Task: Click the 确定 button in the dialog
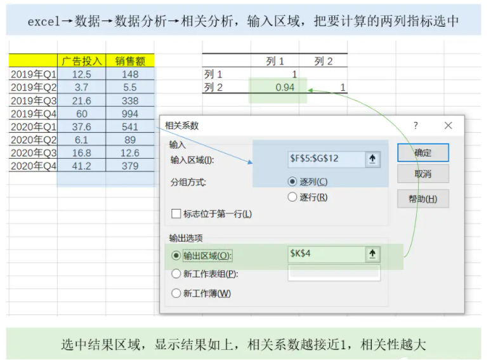422,153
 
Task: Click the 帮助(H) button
422,199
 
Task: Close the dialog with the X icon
448,126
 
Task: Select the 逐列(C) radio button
292,182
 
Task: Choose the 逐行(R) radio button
292,197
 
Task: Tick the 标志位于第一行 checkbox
177,214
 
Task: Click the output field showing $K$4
325,254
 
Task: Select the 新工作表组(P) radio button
176,274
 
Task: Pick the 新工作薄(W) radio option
176,293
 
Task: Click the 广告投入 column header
81,62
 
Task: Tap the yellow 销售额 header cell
130,62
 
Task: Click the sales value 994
130,114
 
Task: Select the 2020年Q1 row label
34,127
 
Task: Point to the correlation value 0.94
285,88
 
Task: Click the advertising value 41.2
81,166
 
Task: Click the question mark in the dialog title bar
416,126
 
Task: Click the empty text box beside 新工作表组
334,274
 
